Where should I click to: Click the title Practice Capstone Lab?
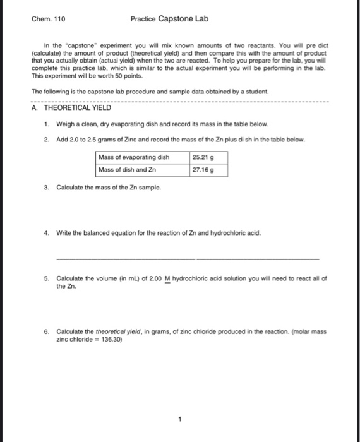[x=169, y=19]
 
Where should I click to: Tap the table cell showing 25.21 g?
[x=201, y=157]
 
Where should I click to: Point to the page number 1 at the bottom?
[x=179, y=418]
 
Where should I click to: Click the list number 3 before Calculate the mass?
[x=47, y=188]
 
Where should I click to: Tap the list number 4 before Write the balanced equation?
[x=47, y=233]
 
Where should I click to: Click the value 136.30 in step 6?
[x=111, y=338]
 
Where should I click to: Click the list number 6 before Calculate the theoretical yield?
[x=47, y=331]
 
